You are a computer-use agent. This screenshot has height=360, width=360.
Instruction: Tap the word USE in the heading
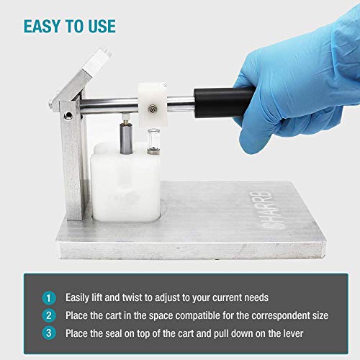(99, 26)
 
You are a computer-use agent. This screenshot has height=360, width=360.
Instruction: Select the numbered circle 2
(48, 314)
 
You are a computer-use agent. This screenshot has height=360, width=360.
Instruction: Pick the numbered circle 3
(48, 332)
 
